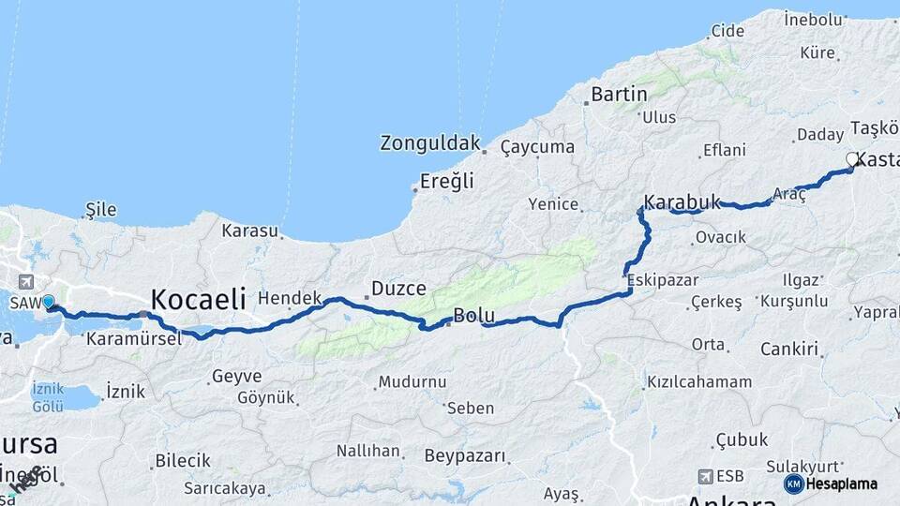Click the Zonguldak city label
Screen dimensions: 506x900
[x=430, y=143]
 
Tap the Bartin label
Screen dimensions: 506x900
[x=619, y=94]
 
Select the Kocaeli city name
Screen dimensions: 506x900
[x=198, y=300]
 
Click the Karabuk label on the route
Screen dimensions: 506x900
[x=682, y=201]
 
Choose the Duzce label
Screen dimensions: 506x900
[x=398, y=289]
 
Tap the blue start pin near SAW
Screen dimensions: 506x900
[x=48, y=302]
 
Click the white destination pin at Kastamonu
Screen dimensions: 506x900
[x=852, y=159]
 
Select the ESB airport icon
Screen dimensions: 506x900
[x=704, y=476]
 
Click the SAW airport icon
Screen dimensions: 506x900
[x=24, y=281]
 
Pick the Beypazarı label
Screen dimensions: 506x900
[x=465, y=456]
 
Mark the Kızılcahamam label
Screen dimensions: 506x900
[x=699, y=382]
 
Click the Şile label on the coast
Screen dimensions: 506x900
[x=100, y=210]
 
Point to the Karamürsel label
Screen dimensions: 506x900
[x=133, y=339]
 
